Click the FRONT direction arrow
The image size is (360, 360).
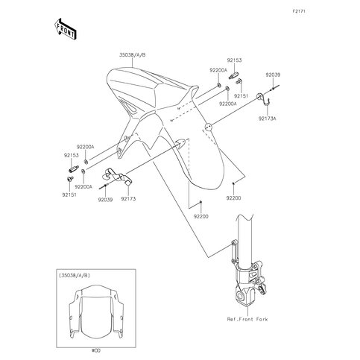tap(66, 29)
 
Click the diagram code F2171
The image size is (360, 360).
tap(299, 11)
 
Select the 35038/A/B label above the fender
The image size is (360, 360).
tap(133, 55)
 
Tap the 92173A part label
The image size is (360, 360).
tap(267, 119)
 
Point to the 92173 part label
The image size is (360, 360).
tap(128, 199)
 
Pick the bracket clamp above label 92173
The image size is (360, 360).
tap(116, 176)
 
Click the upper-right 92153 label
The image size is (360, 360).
tap(234, 60)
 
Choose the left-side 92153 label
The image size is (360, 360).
tap(72, 156)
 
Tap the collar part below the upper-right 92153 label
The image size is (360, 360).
tap(233, 75)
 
